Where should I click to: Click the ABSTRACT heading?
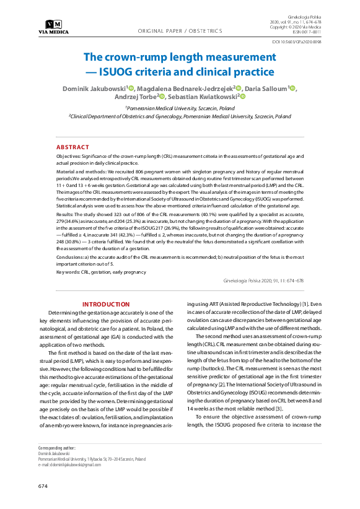click(72, 147)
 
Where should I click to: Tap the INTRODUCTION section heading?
click(106, 304)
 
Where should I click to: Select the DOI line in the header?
click(297, 42)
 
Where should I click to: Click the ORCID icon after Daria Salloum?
click(293, 89)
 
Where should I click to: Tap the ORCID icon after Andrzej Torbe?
click(162, 97)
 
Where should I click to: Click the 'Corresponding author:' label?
click(57, 447)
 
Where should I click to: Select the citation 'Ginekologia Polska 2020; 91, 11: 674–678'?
click(263, 281)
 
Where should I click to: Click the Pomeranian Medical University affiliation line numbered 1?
click(180, 107)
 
